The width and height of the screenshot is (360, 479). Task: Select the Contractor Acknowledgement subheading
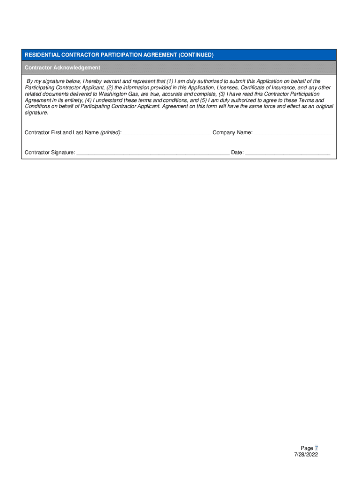[x=62, y=68]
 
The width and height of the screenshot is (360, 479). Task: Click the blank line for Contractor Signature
[x=153, y=153]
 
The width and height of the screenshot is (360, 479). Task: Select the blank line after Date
[x=288, y=153]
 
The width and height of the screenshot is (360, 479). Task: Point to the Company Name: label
[x=232, y=133]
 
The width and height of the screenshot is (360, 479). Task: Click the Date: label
[x=237, y=153]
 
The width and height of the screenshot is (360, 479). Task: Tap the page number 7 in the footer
[x=316, y=448]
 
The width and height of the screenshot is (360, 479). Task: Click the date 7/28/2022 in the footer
[x=306, y=455]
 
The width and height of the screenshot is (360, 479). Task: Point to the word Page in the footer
[x=307, y=448]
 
